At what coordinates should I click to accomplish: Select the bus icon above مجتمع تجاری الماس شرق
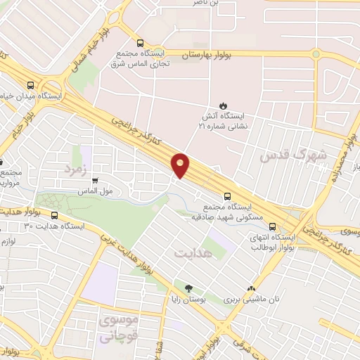(140, 42)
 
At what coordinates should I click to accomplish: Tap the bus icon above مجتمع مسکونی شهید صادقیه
(227, 196)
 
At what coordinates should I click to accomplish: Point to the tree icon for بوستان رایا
(188, 288)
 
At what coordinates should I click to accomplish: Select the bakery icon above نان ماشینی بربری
(251, 288)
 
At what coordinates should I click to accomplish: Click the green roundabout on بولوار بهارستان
(316, 53)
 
